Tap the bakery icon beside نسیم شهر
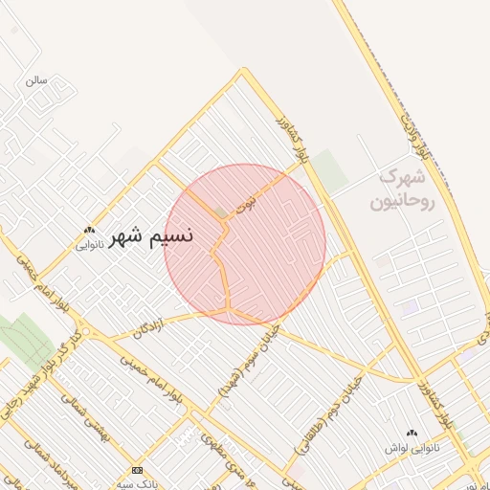pyautogui.click(x=90, y=230)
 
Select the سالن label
pyautogui.click(x=37, y=80)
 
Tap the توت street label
pyautogui.click(x=248, y=201)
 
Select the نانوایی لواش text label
pyautogui.click(x=411, y=447)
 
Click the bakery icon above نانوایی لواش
pyautogui.click(x=412, y=433)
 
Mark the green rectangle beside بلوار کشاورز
pyautogui.click(x=329, y=170)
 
